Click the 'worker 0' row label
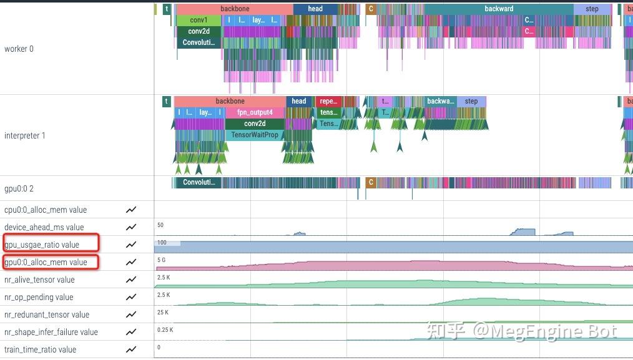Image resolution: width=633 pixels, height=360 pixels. point(19,49)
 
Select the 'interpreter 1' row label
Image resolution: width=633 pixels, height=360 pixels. point(25,135)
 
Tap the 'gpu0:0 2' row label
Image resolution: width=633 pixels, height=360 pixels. point(19,188)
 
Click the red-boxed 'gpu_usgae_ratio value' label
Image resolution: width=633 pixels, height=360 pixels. point(42,245)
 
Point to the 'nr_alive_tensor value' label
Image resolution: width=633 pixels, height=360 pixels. point(39,280)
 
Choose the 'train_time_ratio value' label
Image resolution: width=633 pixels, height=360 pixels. point(40,349)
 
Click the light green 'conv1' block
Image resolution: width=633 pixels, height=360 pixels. point(199,20)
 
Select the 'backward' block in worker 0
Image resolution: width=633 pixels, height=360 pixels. point(499,9)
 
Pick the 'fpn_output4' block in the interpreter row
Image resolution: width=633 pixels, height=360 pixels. point(255,112)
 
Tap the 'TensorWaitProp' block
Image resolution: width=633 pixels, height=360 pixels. point(255,135)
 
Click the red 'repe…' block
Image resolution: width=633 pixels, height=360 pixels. point(328,101)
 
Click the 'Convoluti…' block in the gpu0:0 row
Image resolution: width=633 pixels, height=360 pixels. point(199,182)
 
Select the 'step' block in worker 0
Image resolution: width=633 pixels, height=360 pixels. point(592,9)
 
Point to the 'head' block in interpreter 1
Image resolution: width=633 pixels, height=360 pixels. point(299,101)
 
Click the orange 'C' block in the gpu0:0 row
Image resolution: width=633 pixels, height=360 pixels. point(371,182)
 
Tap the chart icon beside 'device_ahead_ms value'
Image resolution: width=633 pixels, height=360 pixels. point(131,227)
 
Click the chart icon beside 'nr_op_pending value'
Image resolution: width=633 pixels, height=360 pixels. point(131,297)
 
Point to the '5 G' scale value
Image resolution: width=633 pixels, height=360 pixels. point(162,260)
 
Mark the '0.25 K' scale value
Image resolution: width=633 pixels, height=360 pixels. point(165,329)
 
